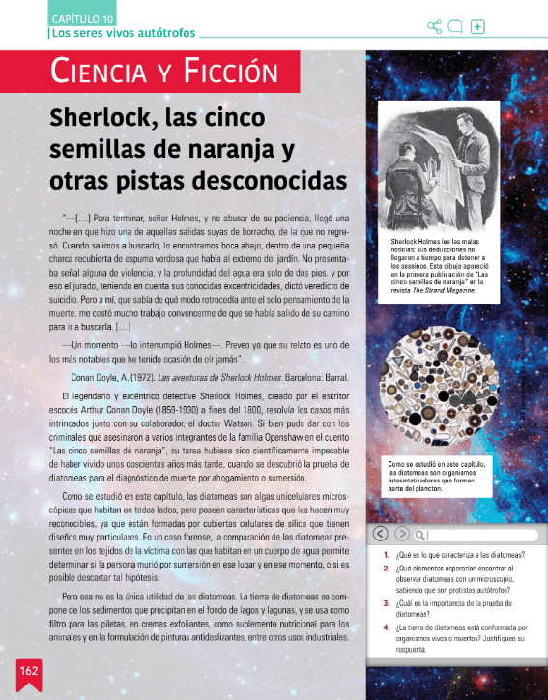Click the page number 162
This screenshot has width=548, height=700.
[x=27, y=670]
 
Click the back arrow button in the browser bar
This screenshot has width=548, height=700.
[x=380, y=534]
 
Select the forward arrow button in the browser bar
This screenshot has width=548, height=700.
[x=400, y=534]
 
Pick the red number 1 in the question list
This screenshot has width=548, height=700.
[x=386, y=555]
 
